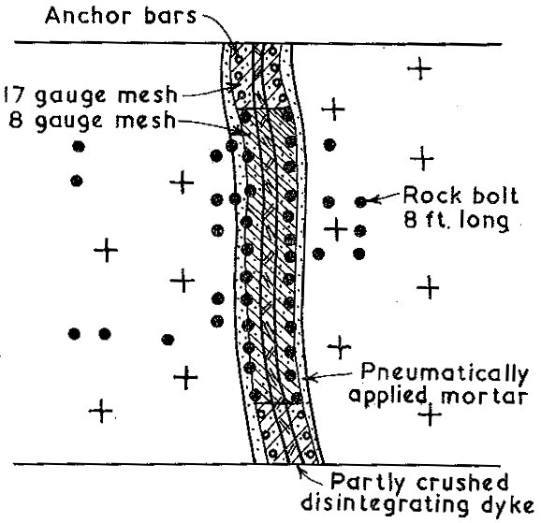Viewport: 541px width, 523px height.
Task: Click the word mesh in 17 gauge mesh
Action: (x=147, y=94)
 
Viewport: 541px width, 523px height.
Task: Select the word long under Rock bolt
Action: (x=482, y=220)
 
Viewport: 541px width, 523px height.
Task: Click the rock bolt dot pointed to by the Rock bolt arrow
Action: (x=361, y=201)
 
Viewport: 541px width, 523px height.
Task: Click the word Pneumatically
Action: (x=445, y=373)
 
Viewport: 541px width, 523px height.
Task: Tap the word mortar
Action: (x=484, y=396)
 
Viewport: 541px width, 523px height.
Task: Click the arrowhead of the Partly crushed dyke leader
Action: (x=300, y=469)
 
